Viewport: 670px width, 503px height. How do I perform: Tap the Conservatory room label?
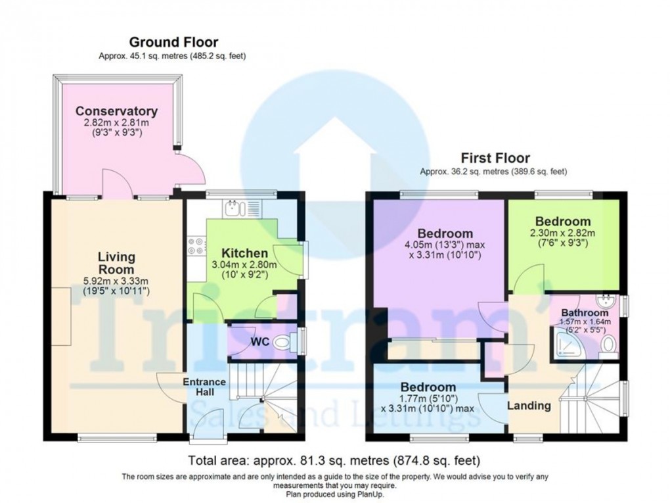coord(116,110)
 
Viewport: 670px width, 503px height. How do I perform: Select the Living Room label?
coord(117,262)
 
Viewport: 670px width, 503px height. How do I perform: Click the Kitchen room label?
coord(244,253)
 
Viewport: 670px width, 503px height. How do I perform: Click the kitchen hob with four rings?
coord(196,246)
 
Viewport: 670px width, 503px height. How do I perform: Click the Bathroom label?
coord(585,312)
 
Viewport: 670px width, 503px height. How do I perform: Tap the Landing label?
coord(529,406)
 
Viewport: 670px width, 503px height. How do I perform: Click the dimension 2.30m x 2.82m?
coord(562,233)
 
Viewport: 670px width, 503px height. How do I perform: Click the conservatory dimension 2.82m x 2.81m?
coord(116,122)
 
